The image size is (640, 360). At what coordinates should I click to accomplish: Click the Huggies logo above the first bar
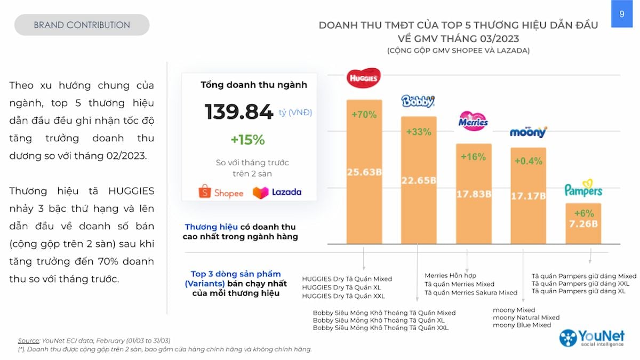pos(364,78)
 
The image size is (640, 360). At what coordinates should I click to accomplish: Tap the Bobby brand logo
pos(418,101)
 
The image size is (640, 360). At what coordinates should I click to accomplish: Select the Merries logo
pos(473,121)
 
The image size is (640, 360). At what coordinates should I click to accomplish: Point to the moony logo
pos(528,132)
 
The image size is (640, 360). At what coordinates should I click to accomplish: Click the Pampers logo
pos(583,189)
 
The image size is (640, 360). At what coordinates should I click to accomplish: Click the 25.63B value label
pos(364,172)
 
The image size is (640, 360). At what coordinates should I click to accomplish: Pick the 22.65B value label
pos(419,181)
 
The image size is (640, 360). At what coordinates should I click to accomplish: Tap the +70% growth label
pos(364,114)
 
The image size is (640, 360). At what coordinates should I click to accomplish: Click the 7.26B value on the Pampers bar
pos(583,223)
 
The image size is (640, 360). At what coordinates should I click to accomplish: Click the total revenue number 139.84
pos(239,112)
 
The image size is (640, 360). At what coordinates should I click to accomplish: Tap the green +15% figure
pos(247,140)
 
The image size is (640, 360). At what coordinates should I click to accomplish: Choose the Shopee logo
pos(221,192)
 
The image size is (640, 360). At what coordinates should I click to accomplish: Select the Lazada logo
pos(277,192)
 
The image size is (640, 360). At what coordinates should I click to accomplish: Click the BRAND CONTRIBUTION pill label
pos(82,25)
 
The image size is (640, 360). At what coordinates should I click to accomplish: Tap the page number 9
pos(622,14)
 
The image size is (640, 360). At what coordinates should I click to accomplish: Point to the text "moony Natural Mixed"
pos(526,317)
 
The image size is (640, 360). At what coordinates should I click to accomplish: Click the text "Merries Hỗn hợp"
pos(451,276)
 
